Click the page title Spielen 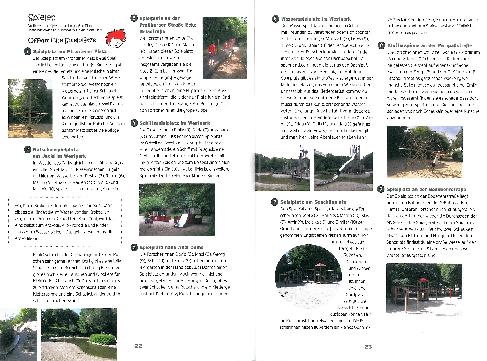point(42,18)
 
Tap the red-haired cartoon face point(115,39)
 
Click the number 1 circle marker point(27,51)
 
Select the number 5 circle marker point(134,247)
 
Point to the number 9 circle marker point(381,189)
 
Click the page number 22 point(139,346)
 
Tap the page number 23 point(368,347)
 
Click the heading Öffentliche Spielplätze point(62,40)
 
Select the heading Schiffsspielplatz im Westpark point(175,123)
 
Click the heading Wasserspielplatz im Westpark point(316,19)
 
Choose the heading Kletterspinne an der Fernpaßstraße point(430,45)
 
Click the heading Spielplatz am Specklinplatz point(313,202)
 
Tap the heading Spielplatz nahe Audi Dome point(171,247)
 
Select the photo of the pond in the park point(79,334)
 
